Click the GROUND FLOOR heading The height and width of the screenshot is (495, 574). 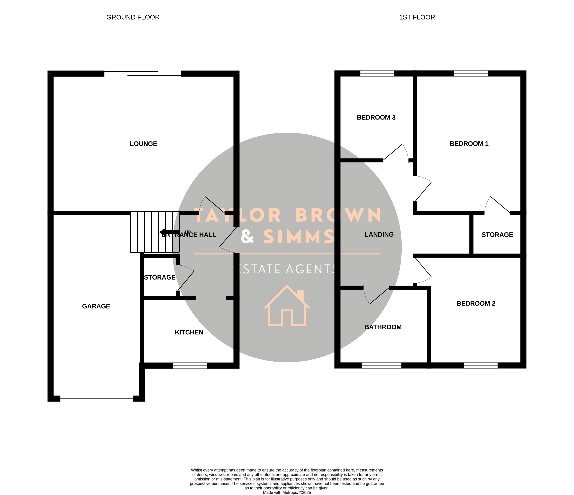click(133, 17)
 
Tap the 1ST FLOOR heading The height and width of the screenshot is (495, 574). click(417, 17)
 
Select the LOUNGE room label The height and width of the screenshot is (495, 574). click(144, 144)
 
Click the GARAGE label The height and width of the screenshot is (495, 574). click(96, 306)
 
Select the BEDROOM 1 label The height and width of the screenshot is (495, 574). click(469, 144)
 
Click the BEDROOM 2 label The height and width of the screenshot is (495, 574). click(476, 303)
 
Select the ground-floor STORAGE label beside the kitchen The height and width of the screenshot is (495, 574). click(160, 277)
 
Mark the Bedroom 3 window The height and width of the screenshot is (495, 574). click(377, 74)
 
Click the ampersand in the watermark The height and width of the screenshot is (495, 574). click(247, 236)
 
